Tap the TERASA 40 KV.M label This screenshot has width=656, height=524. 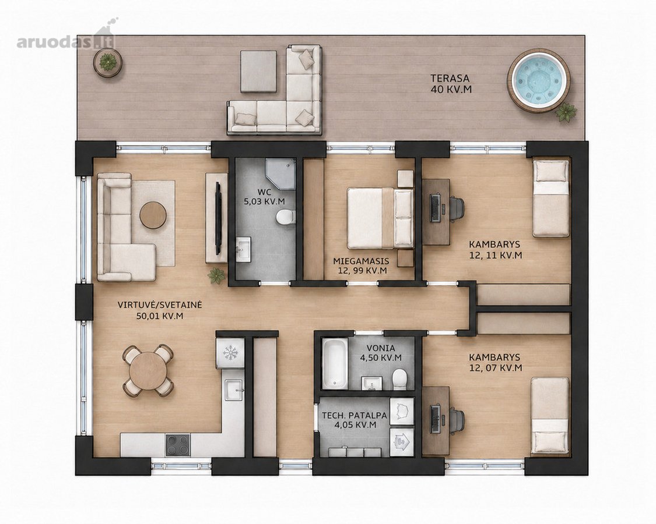point(451,84)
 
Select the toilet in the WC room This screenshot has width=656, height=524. point(286,217)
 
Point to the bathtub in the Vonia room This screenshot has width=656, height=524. point(335,363)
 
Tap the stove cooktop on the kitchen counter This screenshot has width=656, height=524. point(178,445)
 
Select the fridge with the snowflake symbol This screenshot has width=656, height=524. point(230,353)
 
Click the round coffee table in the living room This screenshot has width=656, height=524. point(153,215)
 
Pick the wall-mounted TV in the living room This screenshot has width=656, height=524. point(218,218)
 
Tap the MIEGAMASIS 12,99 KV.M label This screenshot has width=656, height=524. point(361,265)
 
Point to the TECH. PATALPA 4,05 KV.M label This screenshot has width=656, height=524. point(355,420)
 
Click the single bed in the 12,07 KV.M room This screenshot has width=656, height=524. point(550,416)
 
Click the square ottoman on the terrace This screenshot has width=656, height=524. point(258,71)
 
